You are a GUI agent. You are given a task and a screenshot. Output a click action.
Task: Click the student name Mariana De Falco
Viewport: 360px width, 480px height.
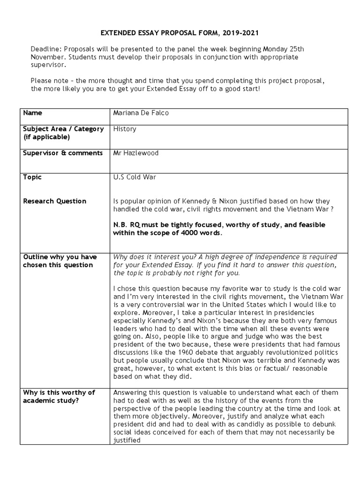click(141, 113)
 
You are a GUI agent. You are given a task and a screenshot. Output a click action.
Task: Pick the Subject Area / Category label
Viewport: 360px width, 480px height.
click(63, 129)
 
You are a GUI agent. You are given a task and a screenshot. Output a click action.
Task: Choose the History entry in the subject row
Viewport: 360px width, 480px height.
click(125, 129)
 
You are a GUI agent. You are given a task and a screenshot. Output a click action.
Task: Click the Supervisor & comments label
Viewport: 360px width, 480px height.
click(63, 153)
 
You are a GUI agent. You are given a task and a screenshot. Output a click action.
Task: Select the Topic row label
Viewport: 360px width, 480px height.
click(32, 177)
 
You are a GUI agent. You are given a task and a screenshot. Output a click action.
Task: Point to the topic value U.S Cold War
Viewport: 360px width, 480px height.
click(134, 177)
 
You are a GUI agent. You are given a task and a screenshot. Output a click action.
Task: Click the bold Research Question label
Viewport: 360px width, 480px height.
click(55, 201)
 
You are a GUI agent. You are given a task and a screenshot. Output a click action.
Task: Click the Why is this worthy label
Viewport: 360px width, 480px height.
click(59, 392)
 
